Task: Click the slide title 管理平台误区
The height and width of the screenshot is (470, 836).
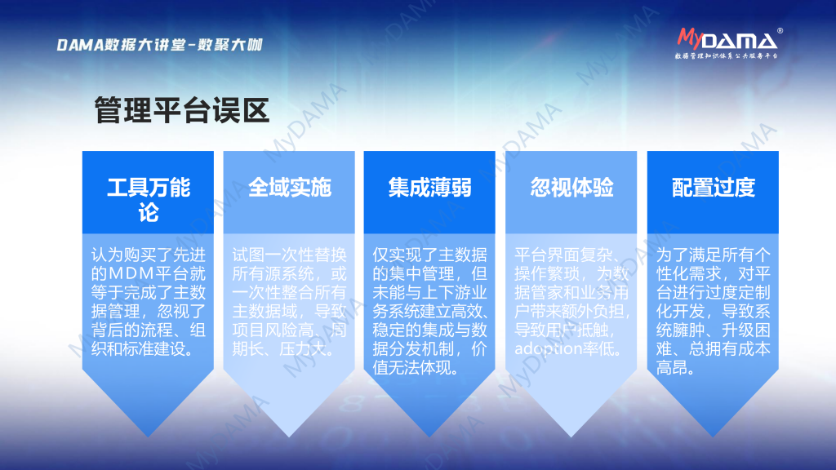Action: point(182,110)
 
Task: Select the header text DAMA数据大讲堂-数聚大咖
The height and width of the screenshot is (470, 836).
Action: point(159,45)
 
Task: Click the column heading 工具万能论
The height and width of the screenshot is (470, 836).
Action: point(149,200)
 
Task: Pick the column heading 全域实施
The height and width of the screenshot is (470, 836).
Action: point(290,188)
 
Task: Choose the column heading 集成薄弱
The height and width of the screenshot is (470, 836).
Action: point(429,188)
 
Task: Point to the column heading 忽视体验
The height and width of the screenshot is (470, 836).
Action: point(571,188)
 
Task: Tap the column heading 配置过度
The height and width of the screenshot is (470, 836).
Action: point(714,188)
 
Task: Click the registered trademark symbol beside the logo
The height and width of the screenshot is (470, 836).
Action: point(780,31)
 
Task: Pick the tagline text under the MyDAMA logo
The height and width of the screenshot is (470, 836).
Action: point(726,55)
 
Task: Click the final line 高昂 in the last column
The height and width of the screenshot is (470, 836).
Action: point(675,368)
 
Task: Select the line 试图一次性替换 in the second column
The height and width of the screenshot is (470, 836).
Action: point(290,255)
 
